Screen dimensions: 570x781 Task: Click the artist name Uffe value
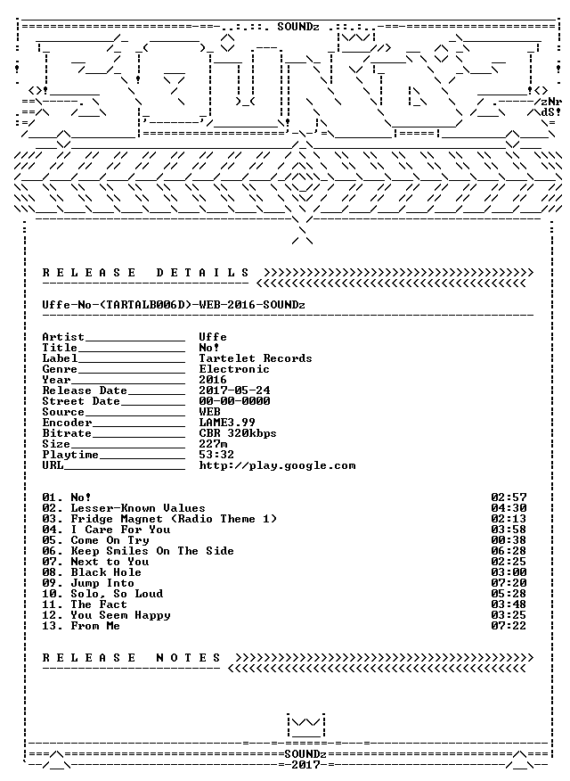point(212,337)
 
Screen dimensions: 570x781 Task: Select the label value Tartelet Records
point(255,358)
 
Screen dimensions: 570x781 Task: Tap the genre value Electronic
point(233,369)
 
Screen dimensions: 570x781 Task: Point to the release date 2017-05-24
point(234,390)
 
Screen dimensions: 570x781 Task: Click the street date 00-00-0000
point(234,401)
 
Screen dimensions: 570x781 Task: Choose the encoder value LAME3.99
point(227,423)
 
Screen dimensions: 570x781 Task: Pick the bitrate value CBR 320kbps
point(237,433)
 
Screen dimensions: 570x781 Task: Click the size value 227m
point(213,444)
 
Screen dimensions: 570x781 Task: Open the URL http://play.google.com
point(277,465)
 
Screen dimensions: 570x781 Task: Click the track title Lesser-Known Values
point(138,508)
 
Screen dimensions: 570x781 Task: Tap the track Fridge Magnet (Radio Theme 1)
point(174,519)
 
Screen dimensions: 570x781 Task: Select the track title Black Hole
point(106,572)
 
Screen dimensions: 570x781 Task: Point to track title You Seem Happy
point(120,615)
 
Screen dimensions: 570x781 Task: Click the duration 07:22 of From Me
point(509,626)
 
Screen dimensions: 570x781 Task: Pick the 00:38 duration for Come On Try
point(509,540)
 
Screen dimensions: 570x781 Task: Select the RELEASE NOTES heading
point(131,658)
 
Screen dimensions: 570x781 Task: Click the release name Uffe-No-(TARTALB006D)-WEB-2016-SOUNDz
point(174,305)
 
